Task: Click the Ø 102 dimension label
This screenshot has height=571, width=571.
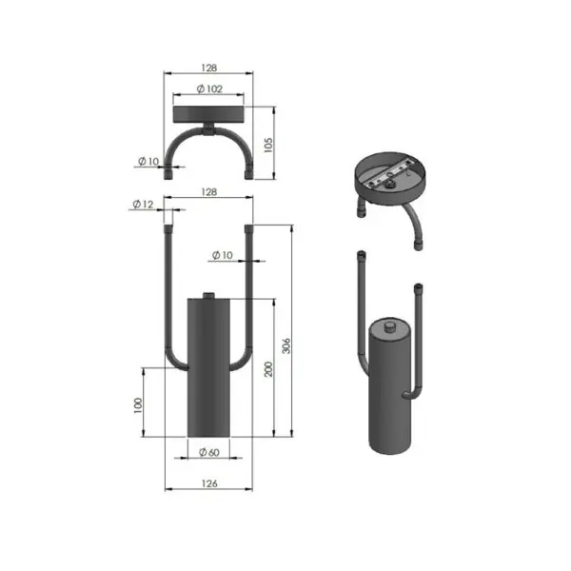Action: click(209, 89)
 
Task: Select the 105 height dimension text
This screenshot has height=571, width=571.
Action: click(268, 145)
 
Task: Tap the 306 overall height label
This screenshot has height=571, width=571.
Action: click(286, 346)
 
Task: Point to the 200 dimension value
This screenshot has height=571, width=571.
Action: click(268, 369)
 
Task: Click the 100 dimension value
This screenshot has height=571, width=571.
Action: click(138, 405)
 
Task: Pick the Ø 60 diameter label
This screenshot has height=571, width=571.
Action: click(209, 452)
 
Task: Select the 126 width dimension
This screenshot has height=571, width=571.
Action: click(209, 483)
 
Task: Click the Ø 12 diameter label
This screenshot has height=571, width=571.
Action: click(143, 205)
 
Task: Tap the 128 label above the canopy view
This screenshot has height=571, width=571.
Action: click(209, 68)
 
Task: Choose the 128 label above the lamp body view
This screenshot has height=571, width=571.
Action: click(209, 192)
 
